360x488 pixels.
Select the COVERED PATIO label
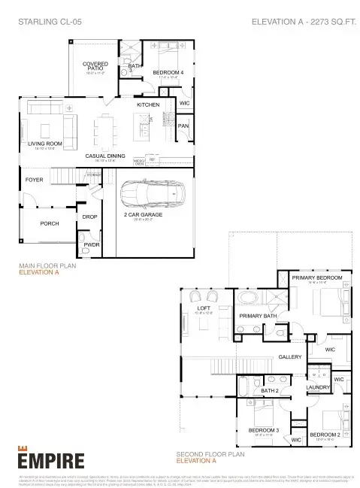(x=95, y=66)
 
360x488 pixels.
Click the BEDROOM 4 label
(x=168, y=72)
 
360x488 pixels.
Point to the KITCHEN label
(x=148, y=106)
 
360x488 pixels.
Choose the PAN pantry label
(x=183, y=126)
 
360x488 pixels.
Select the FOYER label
(x=35, y=180)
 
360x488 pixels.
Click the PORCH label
(x=50, y=223)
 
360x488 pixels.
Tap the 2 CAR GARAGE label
(x=143, y=216)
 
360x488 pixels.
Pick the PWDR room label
(x=92, y=244)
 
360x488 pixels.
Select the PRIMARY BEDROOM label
(x=317, y=277)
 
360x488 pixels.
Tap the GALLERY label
(x=289, y=356)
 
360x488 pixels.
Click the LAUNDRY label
(x=319, y=386)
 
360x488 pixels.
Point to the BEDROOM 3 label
(x=263, y=430)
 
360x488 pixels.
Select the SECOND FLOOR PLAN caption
(x=210, y=455)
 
